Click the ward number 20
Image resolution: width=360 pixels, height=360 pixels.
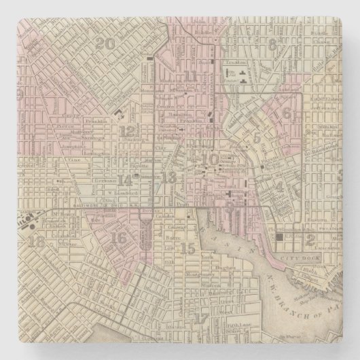(x=105, y=44)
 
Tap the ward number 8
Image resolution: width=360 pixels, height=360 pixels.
(x=274, y=46)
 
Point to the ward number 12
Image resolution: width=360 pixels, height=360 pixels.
(x=126, y=131)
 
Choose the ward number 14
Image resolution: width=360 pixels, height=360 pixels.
(x=125, y=180)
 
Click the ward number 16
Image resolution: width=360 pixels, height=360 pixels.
(x=118, y=238)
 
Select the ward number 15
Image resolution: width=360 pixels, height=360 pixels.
(x=188, y=249)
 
